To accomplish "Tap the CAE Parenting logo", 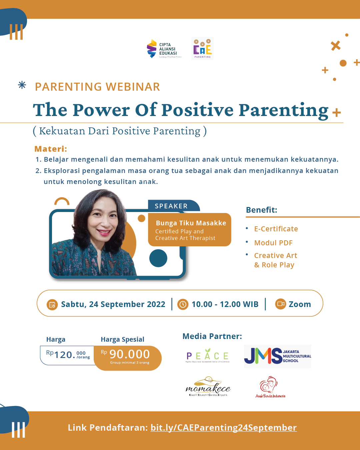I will pyautogui.click(x=202, y=49).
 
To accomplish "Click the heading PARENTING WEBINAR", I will pyautogui.click(x=97, y=87).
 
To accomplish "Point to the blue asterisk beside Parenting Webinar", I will pyautogui.click(x=22, y=85).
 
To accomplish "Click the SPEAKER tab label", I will pyautogui.click(x=171, y=206).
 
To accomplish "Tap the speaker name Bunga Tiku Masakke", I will pyautogui.click(x=191, y=223).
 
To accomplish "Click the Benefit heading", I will pyautogui.click(x=261, y=210).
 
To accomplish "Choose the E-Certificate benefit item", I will pyautogui.click(x=276, y=229).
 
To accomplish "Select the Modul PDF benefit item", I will pyautogui.click(x=273, y=243).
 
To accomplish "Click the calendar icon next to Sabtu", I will pyautogui.click(x=52, y=304).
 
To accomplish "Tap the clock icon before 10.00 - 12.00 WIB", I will pyautogui.click(x=183, y=304).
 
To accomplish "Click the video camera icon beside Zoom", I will pyautogui.click(x=281, y=304).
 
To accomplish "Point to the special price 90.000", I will pyautogui.click(x=129, y=354).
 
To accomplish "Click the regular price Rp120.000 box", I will pyautogui.click(x=68, y=355).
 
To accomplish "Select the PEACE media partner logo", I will pyautogui.click(x=208, y=356).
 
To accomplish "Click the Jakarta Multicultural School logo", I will pyautogui.click(x=277, y=356).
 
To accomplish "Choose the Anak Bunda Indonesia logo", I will pyautogui.click(x=270, y=387).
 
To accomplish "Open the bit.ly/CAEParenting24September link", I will pyautogui.click(x=223, y=428).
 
